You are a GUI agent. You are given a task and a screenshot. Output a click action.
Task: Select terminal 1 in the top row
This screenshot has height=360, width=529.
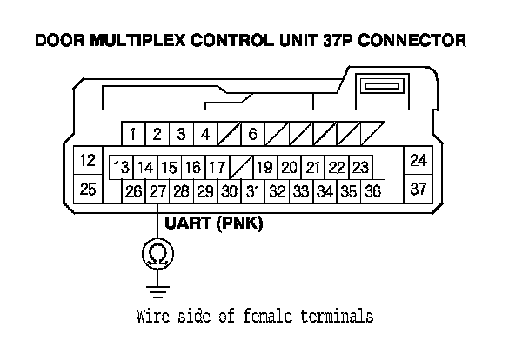[x=132, y=134]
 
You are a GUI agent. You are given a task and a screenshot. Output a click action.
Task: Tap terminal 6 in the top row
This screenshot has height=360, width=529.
[x=252, y=134]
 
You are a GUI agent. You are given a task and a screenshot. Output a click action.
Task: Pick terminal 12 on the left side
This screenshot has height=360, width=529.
[x=87, y=161]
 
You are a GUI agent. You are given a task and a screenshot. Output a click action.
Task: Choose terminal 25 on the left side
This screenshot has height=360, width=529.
[x=87, y=188]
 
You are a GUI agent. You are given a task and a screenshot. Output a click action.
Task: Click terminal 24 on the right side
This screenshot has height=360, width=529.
[x=419, y=161]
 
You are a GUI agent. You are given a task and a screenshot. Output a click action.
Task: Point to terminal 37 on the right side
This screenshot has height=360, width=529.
[x=419, y=188]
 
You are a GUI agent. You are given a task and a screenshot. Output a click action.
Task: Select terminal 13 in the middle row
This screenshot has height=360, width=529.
[x=121, y=167]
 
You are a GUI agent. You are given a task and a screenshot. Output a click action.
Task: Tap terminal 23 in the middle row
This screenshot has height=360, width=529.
[x=361, y=167]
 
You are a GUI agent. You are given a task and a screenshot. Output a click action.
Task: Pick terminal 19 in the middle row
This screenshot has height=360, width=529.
[x=264, y=167]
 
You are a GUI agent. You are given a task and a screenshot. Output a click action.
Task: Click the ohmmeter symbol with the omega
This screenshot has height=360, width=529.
[x=157, y=253]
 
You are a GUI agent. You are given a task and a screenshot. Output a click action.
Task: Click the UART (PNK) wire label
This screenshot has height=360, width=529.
[x=214, y=223]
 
